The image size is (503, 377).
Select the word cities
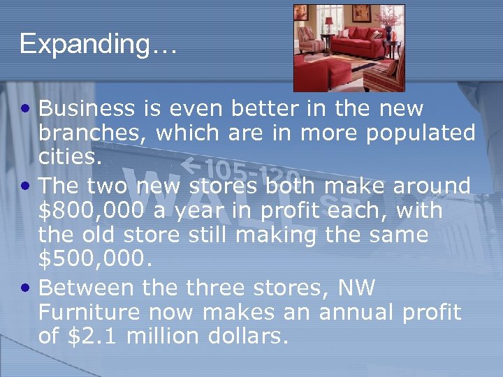pos(70,156)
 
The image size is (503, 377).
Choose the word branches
pos(94,133)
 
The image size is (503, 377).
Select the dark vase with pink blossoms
pos(388,25)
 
